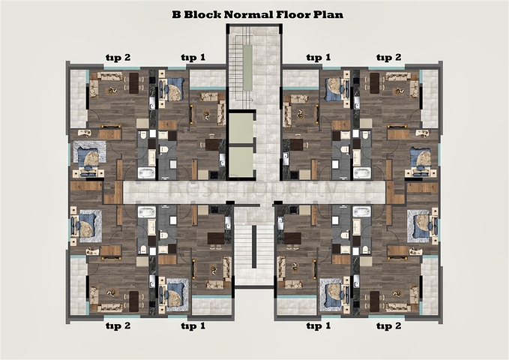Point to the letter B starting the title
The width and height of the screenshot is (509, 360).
175,14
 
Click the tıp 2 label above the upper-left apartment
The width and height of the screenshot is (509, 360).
117,57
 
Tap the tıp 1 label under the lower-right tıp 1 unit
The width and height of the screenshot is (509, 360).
318,326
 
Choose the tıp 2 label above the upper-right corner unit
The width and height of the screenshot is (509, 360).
388,57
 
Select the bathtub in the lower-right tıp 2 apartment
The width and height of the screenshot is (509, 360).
362,212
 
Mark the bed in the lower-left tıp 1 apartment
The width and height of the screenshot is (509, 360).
175,295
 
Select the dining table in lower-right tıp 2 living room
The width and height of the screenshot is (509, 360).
375,301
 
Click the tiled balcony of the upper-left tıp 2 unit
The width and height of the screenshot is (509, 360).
78,97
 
